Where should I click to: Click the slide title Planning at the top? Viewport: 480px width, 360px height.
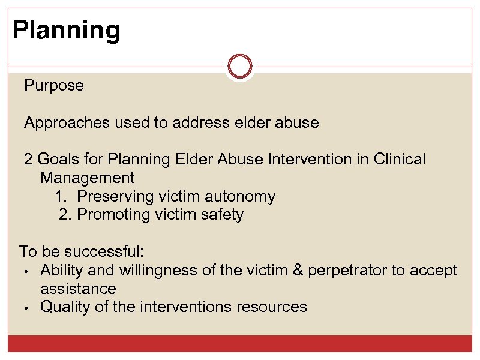[x=66, y=30]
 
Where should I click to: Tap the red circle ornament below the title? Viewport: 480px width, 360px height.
[x=240, y=66]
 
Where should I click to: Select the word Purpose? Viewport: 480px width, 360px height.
[x=54, y=86]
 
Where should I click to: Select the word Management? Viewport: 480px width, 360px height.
[x=88, y=178]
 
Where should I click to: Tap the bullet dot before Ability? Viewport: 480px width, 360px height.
[x=27, y=271]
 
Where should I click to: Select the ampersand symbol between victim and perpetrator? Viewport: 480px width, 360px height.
[x=297, y=271]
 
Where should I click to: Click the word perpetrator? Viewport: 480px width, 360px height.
[x=347, y=271]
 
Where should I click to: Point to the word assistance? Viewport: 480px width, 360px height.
[x=78, y=289]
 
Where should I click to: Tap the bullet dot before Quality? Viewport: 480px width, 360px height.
[x=27, y=308]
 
